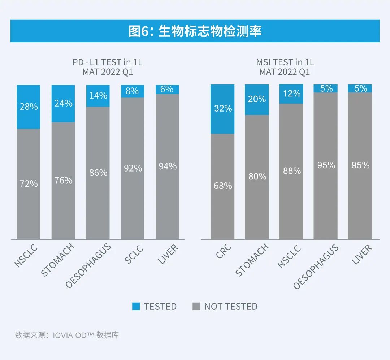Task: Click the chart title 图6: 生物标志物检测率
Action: click(x=195, y=31)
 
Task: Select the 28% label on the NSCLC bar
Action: click(x=29, y=107)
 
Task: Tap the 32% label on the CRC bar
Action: click(x=223, y=108)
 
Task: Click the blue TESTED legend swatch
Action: click(x=136, y=307)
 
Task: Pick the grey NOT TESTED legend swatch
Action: click(x=196, y=307)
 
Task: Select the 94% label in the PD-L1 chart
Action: click(x=168, y=166)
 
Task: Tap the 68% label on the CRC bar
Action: click(x=223, y=186)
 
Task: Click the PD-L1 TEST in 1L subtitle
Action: click(x=108, y=62)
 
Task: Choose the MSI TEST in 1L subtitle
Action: click(x=285, y=62)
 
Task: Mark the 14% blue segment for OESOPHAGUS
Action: click(x=98, y=96)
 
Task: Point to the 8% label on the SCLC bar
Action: click(x=133, y=91)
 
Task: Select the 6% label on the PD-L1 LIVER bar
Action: click(x=167, y=89)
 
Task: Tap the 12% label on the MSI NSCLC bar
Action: click(x=292, y=94)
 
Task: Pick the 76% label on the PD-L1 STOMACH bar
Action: click(x=64, y=180)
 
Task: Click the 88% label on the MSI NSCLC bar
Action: click(x=292, y=170)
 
